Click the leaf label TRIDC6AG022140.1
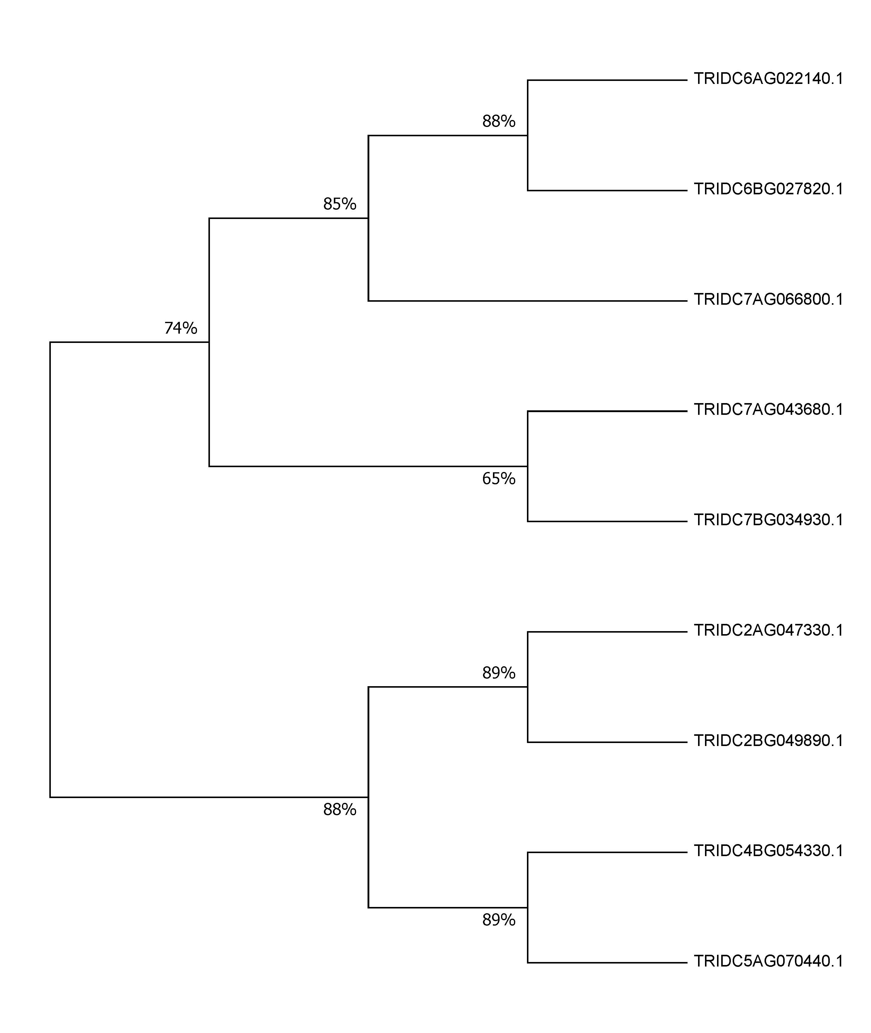click(768, 79)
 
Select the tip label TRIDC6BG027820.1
click(768, 189)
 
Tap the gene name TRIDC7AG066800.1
click(768, 300)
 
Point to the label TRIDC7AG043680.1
click(768, 410)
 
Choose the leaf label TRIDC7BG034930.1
click(768, 520)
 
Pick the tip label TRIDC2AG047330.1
click(768, 631)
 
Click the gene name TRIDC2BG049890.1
click(768, 741)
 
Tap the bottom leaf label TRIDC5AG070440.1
click(768, 961)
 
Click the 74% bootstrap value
click(181, 328)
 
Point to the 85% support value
click(340, 204)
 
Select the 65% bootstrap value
click(499, 479)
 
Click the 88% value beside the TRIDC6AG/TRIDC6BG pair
click(499, 121)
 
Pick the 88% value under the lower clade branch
click(340, 809)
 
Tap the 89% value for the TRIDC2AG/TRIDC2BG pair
click(499, 673)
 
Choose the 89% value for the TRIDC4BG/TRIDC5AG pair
click(499, 920)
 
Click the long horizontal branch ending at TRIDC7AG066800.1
click(528, 301)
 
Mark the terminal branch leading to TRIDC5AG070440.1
click(607, 962)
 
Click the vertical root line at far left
click(50, 569)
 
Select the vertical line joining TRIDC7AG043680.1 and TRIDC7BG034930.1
click(528, 466)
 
